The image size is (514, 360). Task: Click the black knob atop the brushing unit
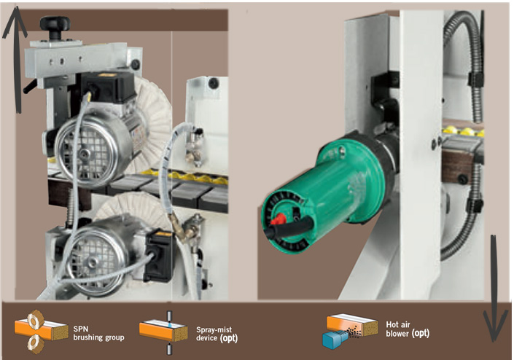[x=55, y=25]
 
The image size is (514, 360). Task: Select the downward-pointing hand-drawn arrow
[x=494, y=289]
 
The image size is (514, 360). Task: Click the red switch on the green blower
[x=278, y=219]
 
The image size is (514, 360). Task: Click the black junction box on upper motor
[x=107, y=87]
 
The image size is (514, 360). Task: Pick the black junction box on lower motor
[x=159, y=255]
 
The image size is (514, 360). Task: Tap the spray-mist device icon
[x=163, y=332]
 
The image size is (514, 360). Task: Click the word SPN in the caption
[x=81, y=329]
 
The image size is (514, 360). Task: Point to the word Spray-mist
[x=214, y=329]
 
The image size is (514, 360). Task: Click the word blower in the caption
[x=397, y=334]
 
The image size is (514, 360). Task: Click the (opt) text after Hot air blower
[x=420, y=334]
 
